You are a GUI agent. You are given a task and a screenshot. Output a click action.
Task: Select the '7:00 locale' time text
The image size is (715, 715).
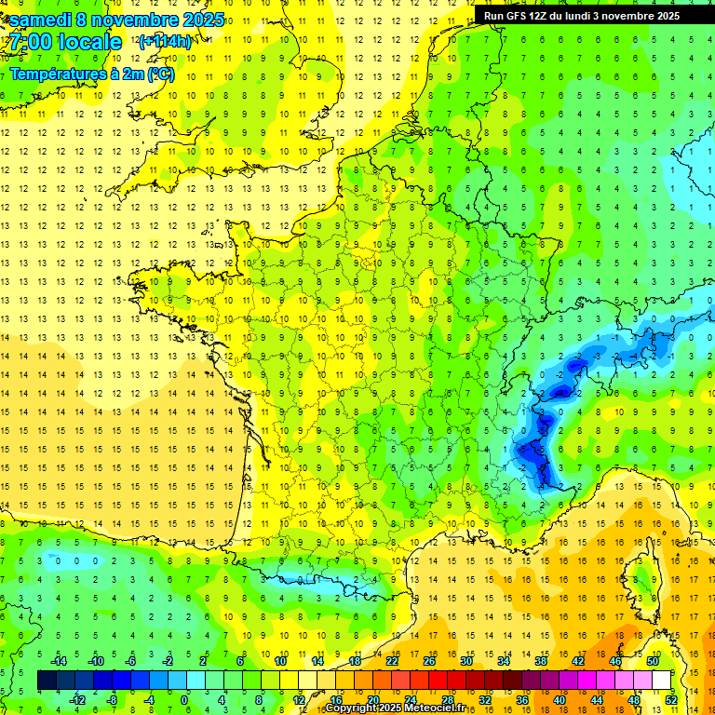[x=63, y=42]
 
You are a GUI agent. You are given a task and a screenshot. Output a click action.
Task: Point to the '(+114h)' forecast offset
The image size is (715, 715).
[x=165, y=42]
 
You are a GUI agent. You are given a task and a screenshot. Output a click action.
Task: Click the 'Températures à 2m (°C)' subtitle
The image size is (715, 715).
[x=91, y=74]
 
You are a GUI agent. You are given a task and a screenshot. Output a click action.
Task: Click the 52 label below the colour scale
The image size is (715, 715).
[x=670, y=700]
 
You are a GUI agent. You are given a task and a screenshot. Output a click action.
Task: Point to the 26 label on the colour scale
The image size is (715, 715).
[x=428, y=661]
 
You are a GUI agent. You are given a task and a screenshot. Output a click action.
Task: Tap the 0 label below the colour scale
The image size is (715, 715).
[x=185, y=700]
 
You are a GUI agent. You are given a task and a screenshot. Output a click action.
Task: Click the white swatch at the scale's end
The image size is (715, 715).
[x=661, y=680]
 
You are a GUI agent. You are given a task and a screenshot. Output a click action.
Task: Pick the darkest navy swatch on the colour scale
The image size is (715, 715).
[x=47, y=680]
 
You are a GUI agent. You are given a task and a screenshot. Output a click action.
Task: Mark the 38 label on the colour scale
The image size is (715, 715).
[x=540, y=661]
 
